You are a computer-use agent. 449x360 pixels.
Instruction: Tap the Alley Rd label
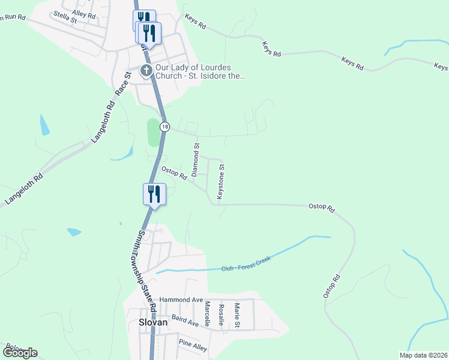[x=83, y=13]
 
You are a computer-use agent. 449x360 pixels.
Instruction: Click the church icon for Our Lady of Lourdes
[x=146, y=71]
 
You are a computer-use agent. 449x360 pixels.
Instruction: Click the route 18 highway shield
[x=165, y=127]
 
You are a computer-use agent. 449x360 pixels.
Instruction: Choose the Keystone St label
[x=220, y=182]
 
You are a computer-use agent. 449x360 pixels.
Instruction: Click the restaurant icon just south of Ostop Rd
[x=154, y=194]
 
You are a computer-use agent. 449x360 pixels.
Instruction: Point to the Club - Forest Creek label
[x=246, y=263]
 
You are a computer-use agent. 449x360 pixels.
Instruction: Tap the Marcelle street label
[x=206, y=313]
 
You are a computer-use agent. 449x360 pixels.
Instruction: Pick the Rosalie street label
[x=221, y=313]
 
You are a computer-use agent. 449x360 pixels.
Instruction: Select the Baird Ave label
[x=184, y=323]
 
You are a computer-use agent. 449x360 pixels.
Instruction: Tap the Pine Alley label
[x=193, y=344]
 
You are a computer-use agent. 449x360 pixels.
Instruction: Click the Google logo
[x=20, y=353]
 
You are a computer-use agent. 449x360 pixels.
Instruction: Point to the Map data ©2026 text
[x=424, y=355]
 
